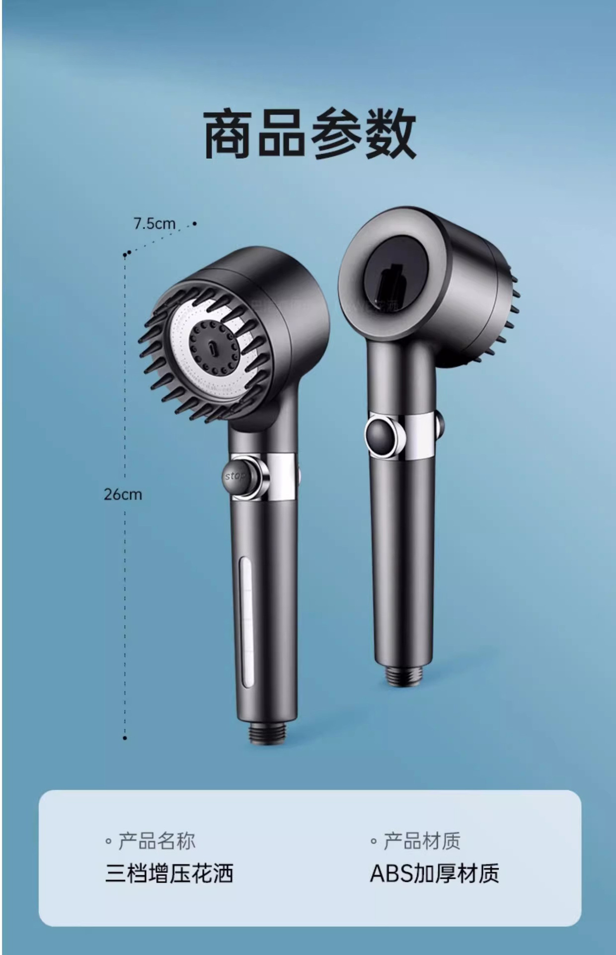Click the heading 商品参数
(x=310, y=134)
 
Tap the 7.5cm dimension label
(x=154, y=224)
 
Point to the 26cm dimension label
(x=123, y=494)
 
